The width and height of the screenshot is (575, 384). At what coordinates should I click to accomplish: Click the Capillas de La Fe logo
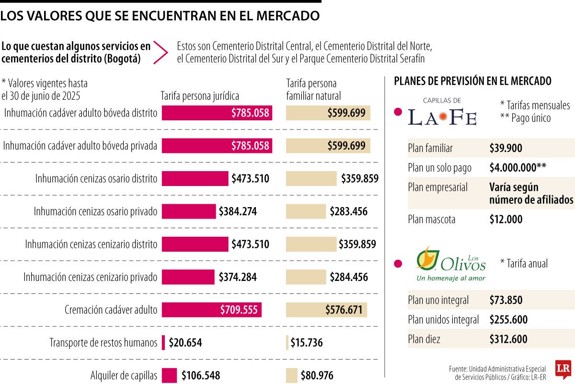tap(442, 112)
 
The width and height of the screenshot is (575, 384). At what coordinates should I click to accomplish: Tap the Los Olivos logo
tap(450, 264)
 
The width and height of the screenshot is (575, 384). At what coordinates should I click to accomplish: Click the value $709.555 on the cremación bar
tap(239, 310)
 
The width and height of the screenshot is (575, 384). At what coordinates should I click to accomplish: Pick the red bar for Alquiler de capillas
tap(169, 375)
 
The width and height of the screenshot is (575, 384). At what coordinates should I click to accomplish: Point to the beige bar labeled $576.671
tap(326, 310)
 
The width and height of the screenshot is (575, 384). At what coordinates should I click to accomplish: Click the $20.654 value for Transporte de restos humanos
tap(185, 343)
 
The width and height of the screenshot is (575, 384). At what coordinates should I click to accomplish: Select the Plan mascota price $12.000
tap(506, 220)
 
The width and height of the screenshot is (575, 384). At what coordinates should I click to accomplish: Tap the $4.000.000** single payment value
tap(518, 168)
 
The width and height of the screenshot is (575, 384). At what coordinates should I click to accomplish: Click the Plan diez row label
tap(424, 339)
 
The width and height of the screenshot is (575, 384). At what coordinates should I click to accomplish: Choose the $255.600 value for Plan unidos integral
tap(508, 320)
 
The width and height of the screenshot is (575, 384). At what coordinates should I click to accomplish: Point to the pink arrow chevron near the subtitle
tap(161, 52)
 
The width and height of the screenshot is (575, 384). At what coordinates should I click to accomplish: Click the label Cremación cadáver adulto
tap(111, 310)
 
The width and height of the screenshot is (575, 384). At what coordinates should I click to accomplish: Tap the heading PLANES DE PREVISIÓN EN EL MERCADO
tap(472, 81)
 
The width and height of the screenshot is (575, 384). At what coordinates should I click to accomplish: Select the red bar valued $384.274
tap(189, 211)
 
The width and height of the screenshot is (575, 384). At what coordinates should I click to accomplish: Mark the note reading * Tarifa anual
tap(523, 263)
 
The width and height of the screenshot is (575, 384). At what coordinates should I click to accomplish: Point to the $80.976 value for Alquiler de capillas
tap(317, 375)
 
